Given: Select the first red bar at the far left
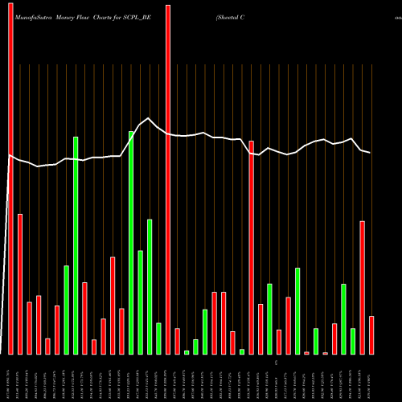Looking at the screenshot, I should [10, 177].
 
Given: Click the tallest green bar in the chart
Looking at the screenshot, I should [131, 242].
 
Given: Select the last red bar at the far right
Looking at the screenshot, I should [371, 334].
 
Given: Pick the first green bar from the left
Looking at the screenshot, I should [67, 310].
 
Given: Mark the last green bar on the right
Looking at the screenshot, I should [353, 341].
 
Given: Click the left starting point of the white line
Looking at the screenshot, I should [8, 155].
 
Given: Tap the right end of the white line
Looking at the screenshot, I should [371, 153].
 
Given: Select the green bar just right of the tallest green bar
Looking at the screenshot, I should [141, 302].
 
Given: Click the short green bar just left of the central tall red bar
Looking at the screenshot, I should [158, 338].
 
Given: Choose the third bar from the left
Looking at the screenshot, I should [29, 328].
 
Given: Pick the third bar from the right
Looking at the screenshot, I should [353, 341].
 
